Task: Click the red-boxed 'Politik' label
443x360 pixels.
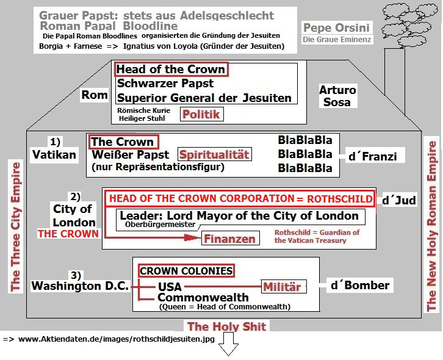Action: [201, 113]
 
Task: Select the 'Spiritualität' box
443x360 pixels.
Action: [214, 155]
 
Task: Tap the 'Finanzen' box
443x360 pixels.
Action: [229, 239]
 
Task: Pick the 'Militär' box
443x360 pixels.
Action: [283, 286]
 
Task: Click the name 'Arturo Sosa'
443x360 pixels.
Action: [337, 96]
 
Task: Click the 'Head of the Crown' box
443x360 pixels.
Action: [171, 69]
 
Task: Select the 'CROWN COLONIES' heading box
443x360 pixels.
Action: [186, 270]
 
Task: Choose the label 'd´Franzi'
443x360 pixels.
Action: [372, 157]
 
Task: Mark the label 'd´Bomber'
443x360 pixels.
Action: [359, 285]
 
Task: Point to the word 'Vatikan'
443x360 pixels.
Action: [54, 154]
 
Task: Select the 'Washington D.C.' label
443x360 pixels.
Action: [79, 285]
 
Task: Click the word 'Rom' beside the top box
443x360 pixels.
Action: [95, 95]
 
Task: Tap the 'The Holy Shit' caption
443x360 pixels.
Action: [226, 326]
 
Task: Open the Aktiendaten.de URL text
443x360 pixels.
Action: [116, 339]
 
